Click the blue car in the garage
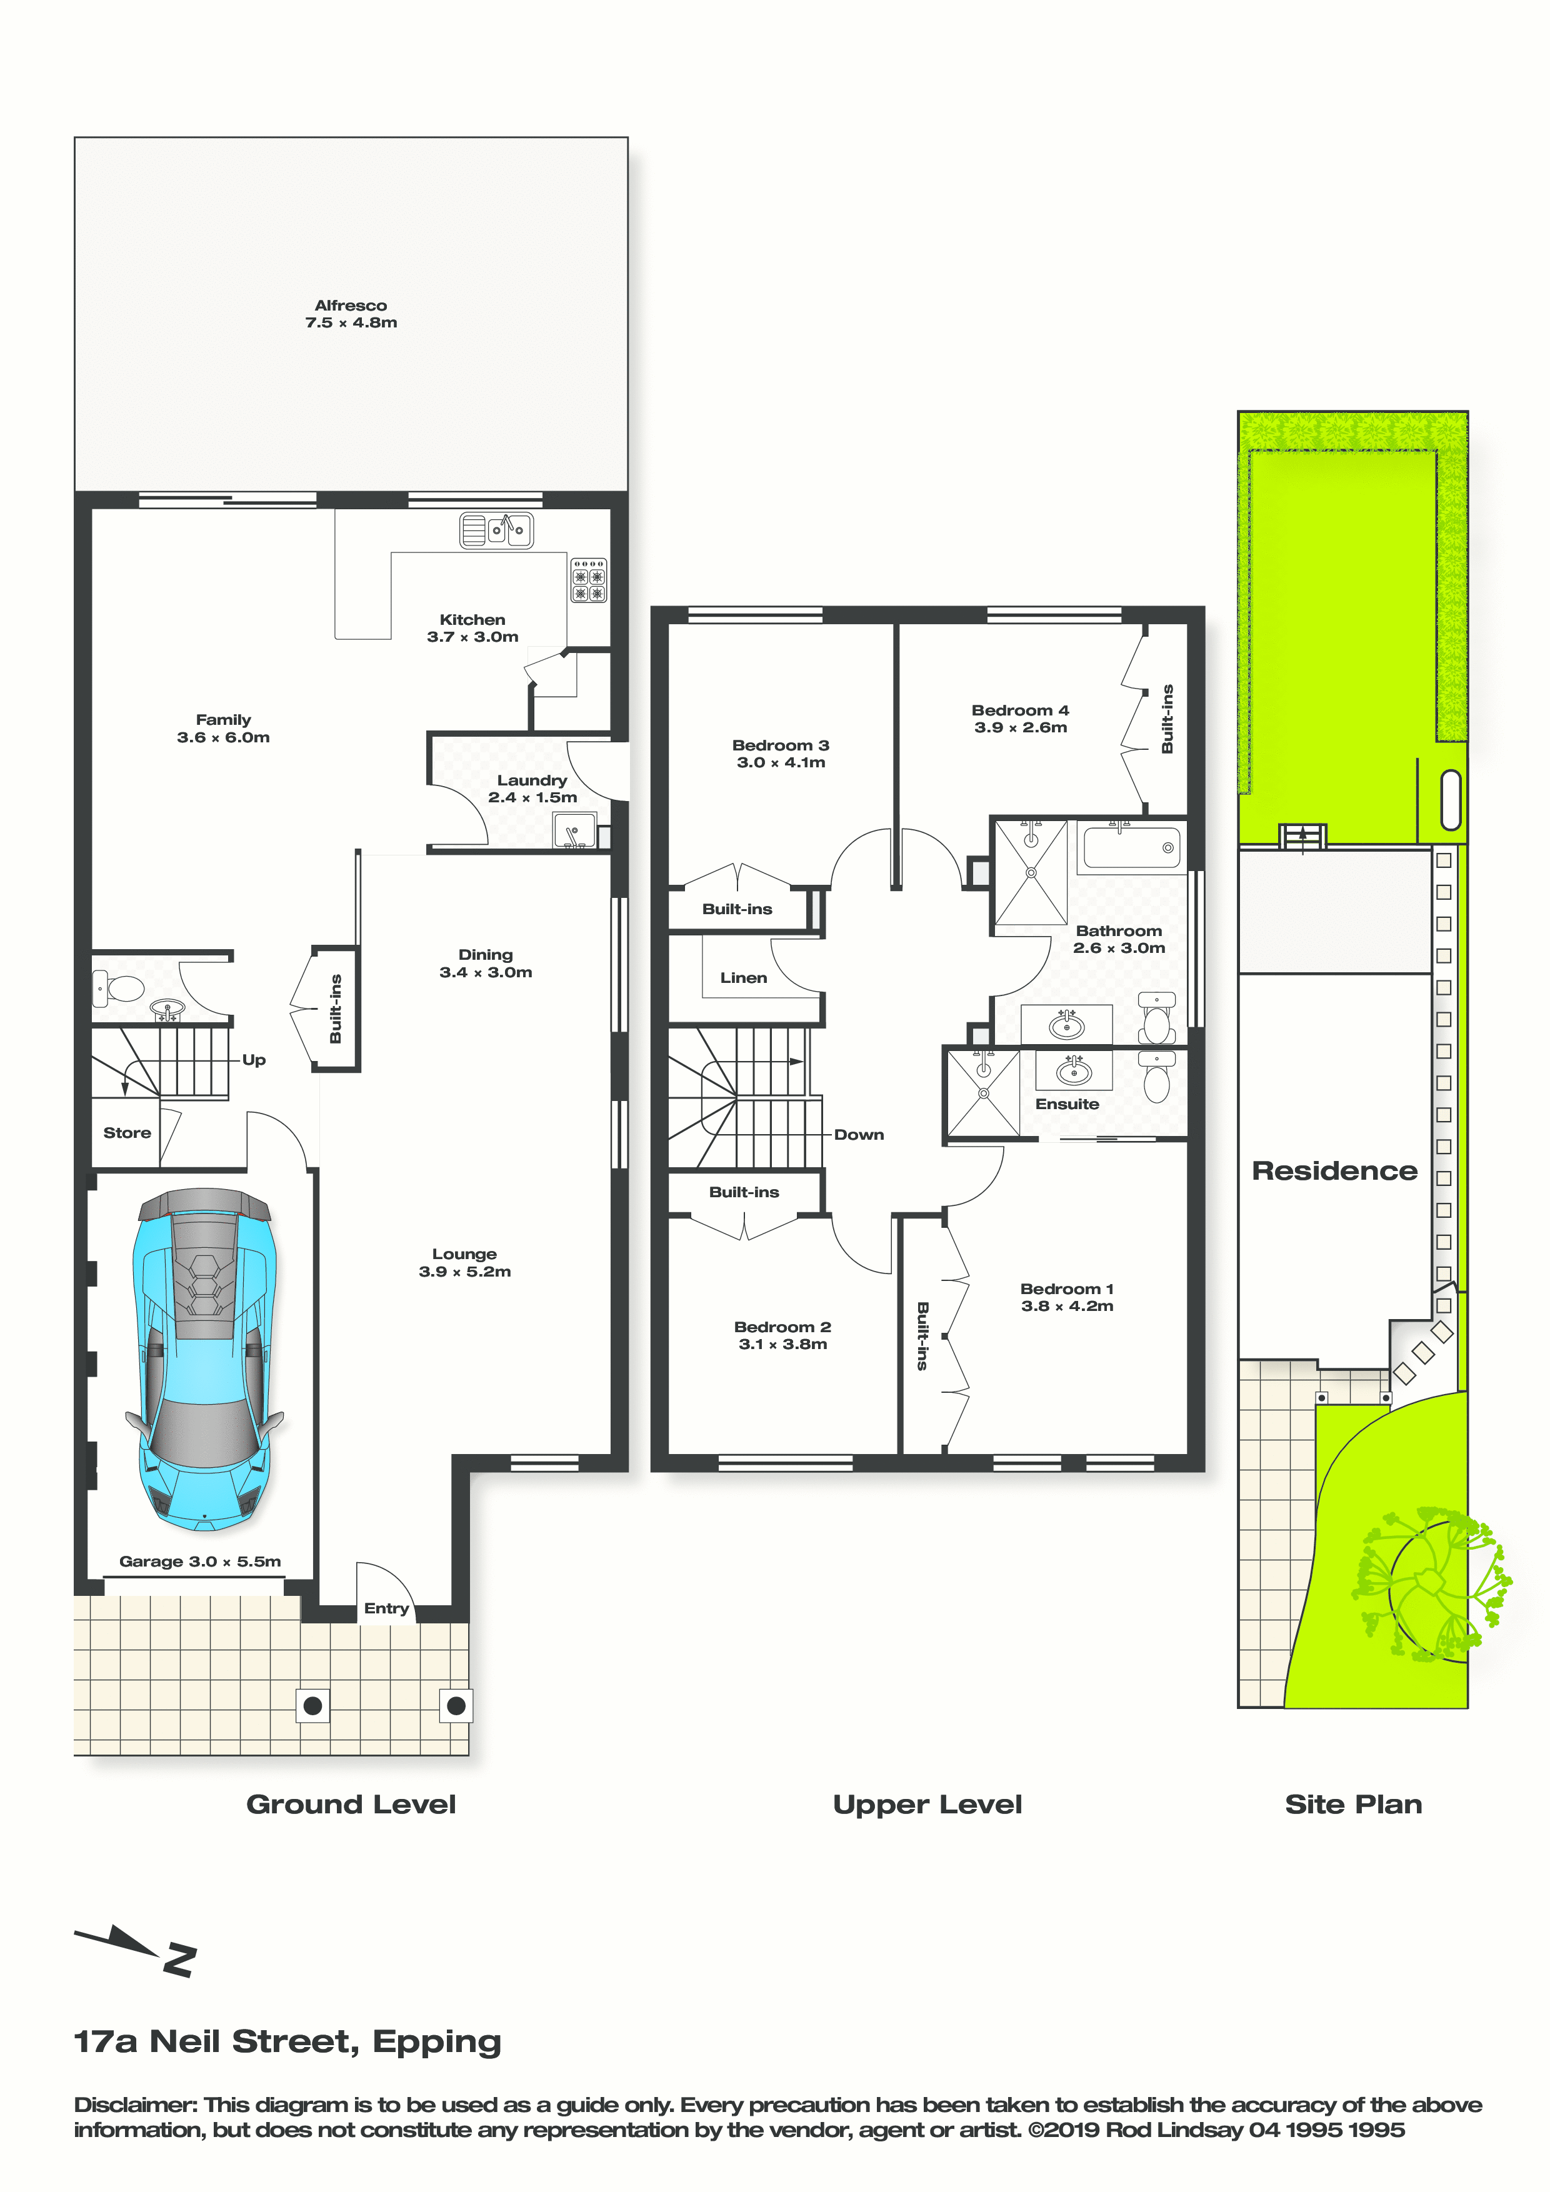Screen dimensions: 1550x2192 tap(204, 1360)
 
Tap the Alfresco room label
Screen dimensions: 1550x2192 tap(351, 306)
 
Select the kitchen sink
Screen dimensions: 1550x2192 tap(497, 530)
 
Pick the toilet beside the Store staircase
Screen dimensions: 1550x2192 tap(117, 987)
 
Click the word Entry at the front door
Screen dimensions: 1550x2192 tap(386, 1608)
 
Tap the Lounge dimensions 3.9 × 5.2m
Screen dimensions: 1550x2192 tap(464, 1272)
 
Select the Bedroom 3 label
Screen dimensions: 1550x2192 tap(780, 745)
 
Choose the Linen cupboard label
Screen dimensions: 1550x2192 tap(743, 978)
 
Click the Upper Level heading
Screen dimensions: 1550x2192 tap(927, 1805)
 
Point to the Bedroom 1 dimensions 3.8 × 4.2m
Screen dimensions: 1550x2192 tap(1067, 1306)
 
